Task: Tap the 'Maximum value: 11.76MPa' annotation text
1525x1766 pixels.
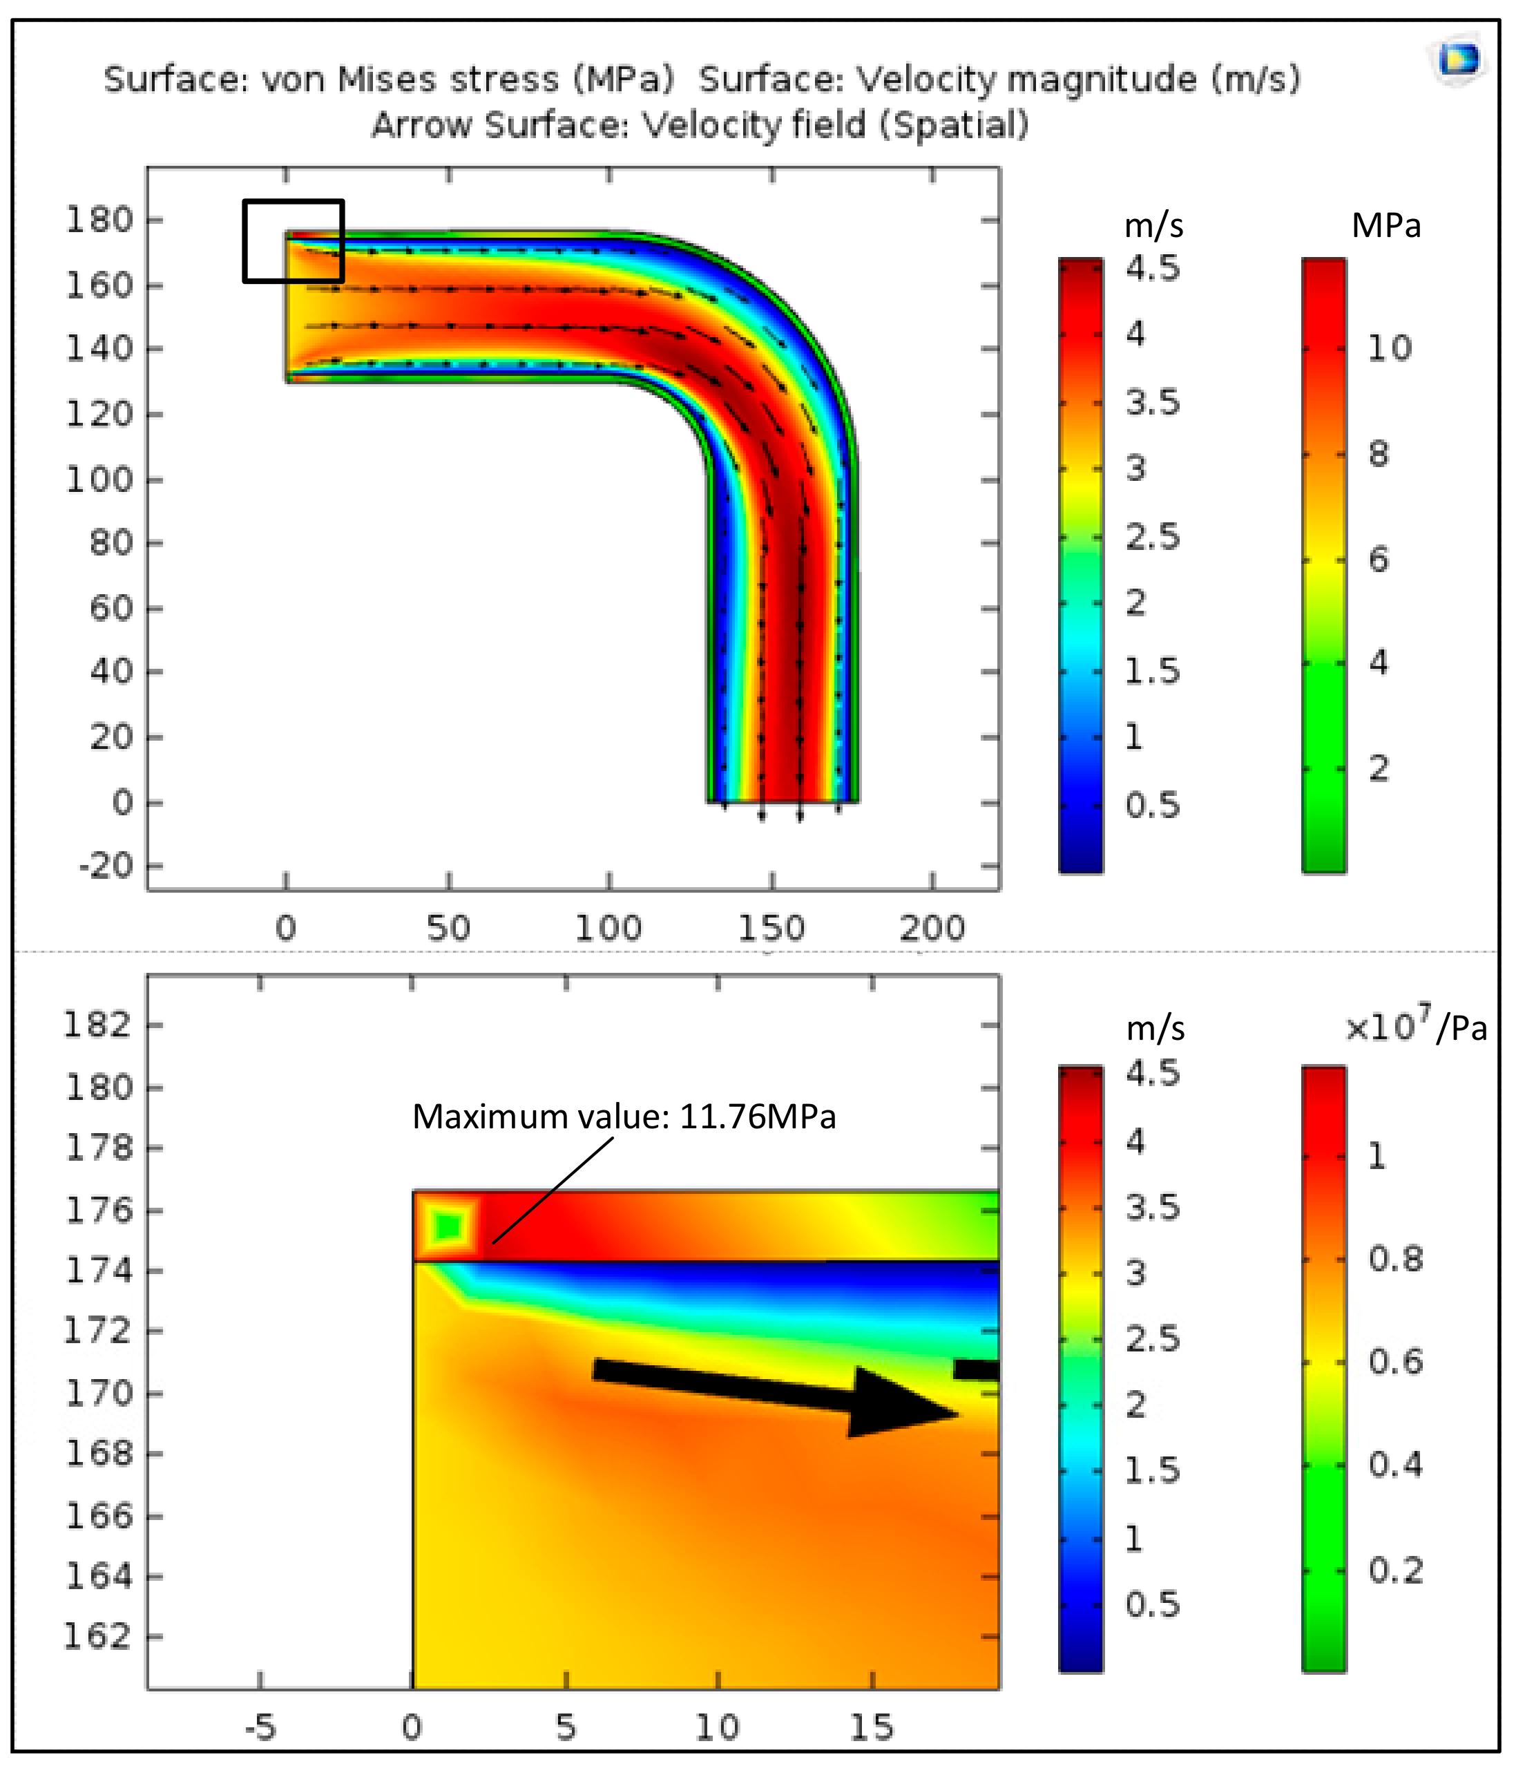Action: coord(624,1117)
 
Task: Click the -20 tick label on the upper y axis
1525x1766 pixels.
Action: coord(106,867)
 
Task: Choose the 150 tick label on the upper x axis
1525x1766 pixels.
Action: coord(771,928)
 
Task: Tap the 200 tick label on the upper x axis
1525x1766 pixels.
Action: coord(932,928)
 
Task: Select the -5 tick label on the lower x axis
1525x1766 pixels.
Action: coord(260,1727)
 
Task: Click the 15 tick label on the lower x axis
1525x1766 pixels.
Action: coord(872,1727)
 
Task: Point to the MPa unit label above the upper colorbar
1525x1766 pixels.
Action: coord(1386,226)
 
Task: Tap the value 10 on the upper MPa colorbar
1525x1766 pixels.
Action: coord(1389,348)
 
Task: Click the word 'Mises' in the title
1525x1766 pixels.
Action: coord(388,79)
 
